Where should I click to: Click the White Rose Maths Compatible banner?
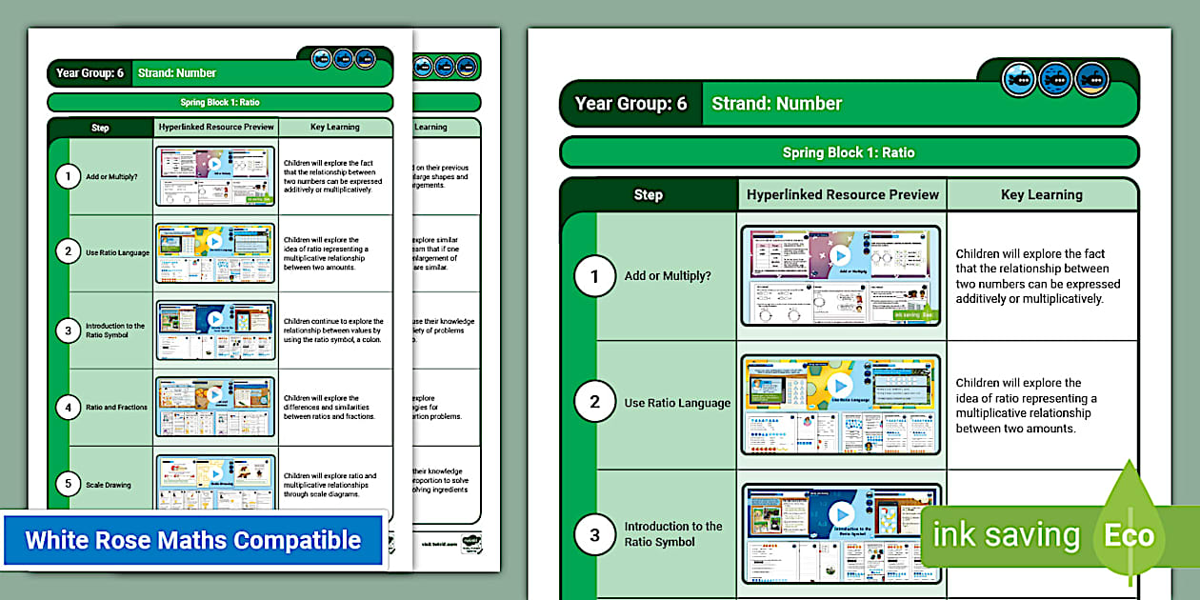pyautogui.click(x=193, y=540)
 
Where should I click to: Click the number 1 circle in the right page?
pyautogui.click(x=595, y=276)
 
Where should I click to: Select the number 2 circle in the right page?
pyautogui.click(x=595, y=402)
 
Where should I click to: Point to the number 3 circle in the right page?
pyautogui.click(x=595, y=534)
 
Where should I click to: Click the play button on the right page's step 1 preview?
pyautogui.click(x=839, y=256)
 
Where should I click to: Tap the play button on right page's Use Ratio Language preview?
pyautogui.click(x=839, y=385)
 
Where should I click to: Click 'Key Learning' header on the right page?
pyautogui.click(x=1041, y=194)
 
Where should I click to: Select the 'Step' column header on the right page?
pyautogui.click(x=648, y=194)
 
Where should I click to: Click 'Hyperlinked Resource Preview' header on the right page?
pyautogui.click(x=842, y=194)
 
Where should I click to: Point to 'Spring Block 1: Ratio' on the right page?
pyautogui.click(x=848, y=152)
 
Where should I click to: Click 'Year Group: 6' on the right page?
pyautogui.click(x=630, y=104)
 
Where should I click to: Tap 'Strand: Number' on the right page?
pyautogui.click(x=776, y=104)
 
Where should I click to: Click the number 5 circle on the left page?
pyautogui.click(x=68, y=485)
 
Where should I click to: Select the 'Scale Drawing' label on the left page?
pyautogui.click(x=110, y=485)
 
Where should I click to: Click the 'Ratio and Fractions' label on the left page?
pyautogui.click(x=116, y=407)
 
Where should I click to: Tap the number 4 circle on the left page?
pyautogui.click(x=68, y=407)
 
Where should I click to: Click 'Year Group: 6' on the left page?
pyautogui.click(x=90, y=73)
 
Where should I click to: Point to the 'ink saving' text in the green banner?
pyautogui.click(x=1006, y=535)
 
